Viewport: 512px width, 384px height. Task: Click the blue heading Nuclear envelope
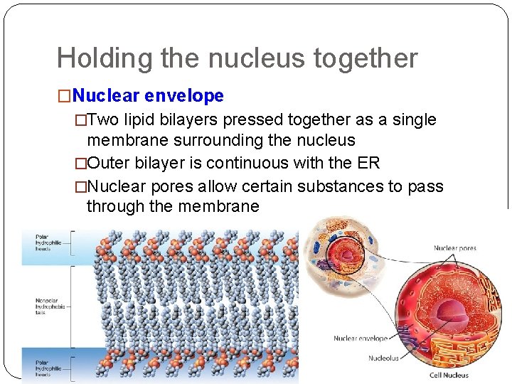click(x=148, y=95)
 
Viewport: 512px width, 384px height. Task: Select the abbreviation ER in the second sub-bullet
click(x=368, y=164)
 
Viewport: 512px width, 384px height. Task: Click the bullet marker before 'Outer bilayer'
click(x=80, y=164)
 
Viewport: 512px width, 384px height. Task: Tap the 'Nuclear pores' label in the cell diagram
click(x=455, y=248)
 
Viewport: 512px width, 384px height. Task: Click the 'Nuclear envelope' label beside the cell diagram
click(x=361, y=338)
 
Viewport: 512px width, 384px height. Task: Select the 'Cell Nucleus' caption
click(x=449, y=375)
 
